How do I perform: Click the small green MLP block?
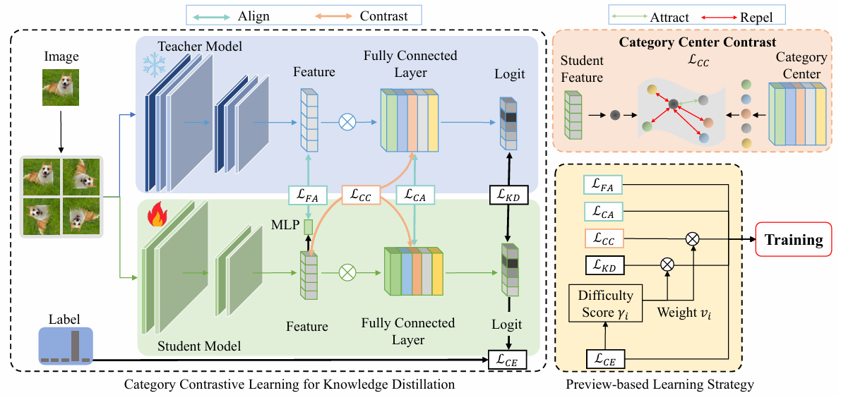click(308, 227)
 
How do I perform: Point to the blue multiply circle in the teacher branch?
click(347, 122)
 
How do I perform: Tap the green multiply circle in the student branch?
click(347, 273)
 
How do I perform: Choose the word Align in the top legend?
click(254, 16)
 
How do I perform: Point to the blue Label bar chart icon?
click(66, 345)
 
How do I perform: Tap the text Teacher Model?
click(201, 47)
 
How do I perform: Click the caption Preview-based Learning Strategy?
click(660, 384)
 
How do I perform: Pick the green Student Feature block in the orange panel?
click(573, 115)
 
